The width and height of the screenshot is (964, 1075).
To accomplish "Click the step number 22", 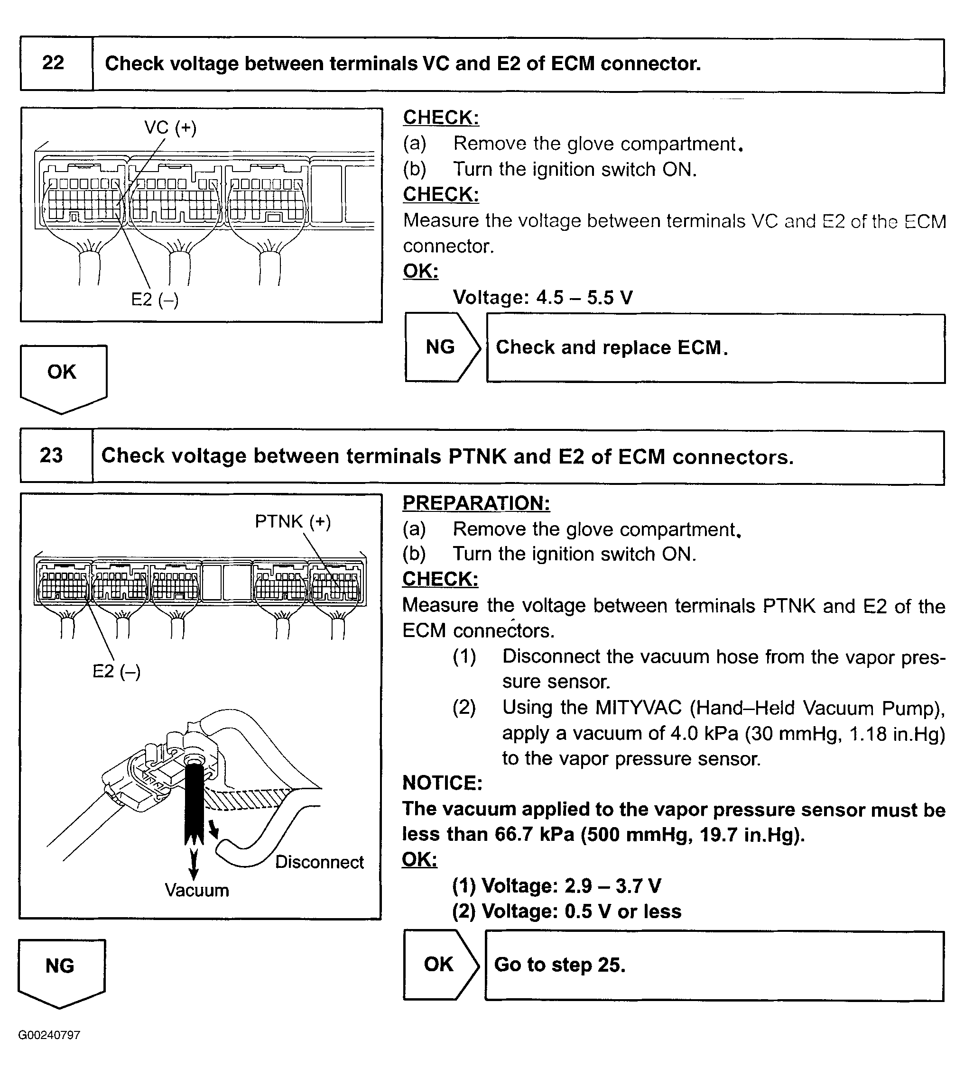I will [53, 63].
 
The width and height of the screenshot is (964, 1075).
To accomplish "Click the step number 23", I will [51, 455].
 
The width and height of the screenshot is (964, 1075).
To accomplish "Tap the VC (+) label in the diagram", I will [170, 128].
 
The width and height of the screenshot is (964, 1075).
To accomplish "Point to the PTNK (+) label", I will [292, 521].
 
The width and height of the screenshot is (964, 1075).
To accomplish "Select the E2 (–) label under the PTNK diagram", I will [117, 671].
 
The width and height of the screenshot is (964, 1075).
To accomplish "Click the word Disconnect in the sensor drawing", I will [319, 862].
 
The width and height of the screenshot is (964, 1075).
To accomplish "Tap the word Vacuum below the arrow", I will [196, 890].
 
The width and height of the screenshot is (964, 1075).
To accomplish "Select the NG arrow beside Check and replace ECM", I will [441, 347].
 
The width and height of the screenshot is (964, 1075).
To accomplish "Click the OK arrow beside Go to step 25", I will [439, 965].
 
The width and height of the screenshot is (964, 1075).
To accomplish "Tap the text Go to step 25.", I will [560, 965].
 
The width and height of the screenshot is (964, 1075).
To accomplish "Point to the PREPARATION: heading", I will [476, 503].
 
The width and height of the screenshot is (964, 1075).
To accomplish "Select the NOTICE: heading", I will [442, 783].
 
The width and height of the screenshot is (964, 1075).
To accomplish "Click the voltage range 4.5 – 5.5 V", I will [584, 298].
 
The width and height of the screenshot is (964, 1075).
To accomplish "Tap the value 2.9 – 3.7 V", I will [600, 885].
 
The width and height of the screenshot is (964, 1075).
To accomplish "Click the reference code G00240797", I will [49, 1035].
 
